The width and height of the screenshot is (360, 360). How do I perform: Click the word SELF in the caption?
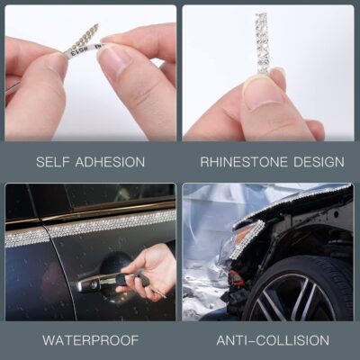(54, 162)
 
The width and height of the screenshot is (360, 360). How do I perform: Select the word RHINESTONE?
(238, 162)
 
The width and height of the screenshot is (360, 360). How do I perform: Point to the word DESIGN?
(316, 162)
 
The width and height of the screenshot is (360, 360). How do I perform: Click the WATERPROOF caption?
(90, 341)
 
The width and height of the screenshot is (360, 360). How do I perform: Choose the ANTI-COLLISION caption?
(273, 341)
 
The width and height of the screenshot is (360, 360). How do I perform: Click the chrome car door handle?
(101, 282)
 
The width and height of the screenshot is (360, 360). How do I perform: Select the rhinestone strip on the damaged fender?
(248, 238)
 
